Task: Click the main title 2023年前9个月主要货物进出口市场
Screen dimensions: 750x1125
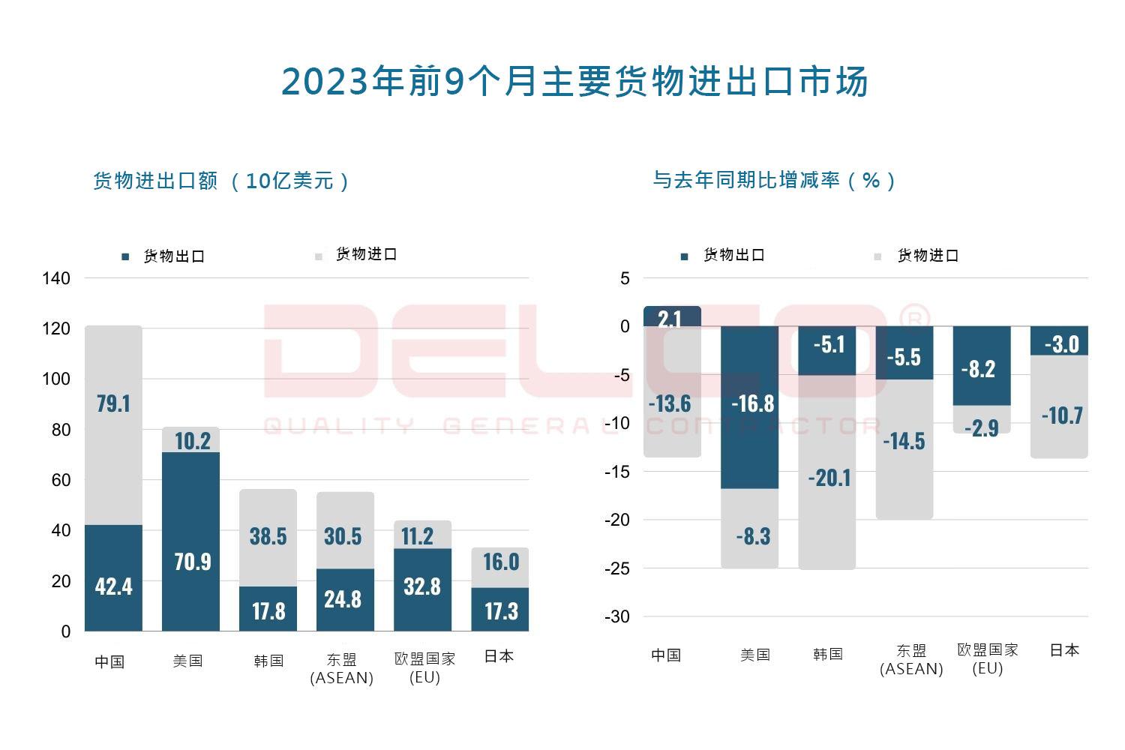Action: coord(574,82)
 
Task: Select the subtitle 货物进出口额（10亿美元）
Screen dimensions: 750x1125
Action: coord(221,181)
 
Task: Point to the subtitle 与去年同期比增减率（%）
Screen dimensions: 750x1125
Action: coord(774,180)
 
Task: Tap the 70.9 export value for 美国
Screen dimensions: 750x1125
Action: coord(192,561)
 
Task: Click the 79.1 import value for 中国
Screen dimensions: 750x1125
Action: coord(113,403)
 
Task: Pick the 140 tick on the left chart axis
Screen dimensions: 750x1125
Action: coord(56,278)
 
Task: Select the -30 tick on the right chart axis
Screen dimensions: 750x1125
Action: coord(617,616)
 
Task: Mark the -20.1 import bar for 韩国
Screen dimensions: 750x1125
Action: coord(829,478)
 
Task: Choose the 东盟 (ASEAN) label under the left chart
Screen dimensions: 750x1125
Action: coord(342,668)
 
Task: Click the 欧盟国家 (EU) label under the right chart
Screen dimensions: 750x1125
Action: coord(987,658)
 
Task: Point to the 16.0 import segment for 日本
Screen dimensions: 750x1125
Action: coord(500,562)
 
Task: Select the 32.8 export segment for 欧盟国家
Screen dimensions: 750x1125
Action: coord(421,586)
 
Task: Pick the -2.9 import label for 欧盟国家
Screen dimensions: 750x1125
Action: coord(981,427)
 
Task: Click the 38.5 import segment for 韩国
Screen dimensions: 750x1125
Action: coord(268,536)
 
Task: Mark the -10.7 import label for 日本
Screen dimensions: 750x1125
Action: coord(1062,415)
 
